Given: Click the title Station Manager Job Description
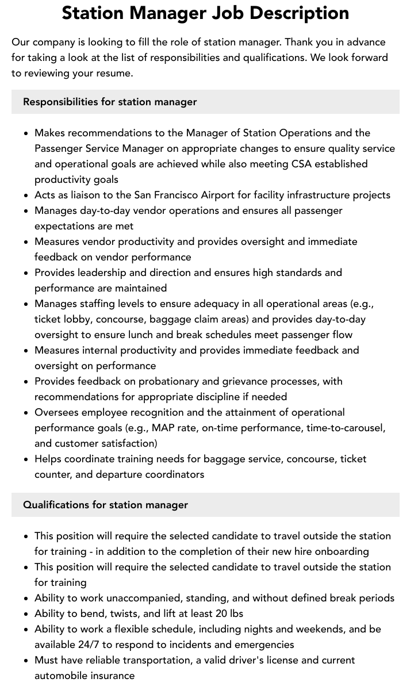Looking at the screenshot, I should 205,13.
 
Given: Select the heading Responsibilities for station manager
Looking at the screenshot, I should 110,102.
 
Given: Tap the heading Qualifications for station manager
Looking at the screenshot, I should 105,505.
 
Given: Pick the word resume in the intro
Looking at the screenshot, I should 115,73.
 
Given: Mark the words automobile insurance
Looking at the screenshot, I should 85,676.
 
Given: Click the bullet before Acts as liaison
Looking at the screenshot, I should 26,195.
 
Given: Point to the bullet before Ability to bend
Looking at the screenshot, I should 26,614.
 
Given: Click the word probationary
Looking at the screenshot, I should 159,381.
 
